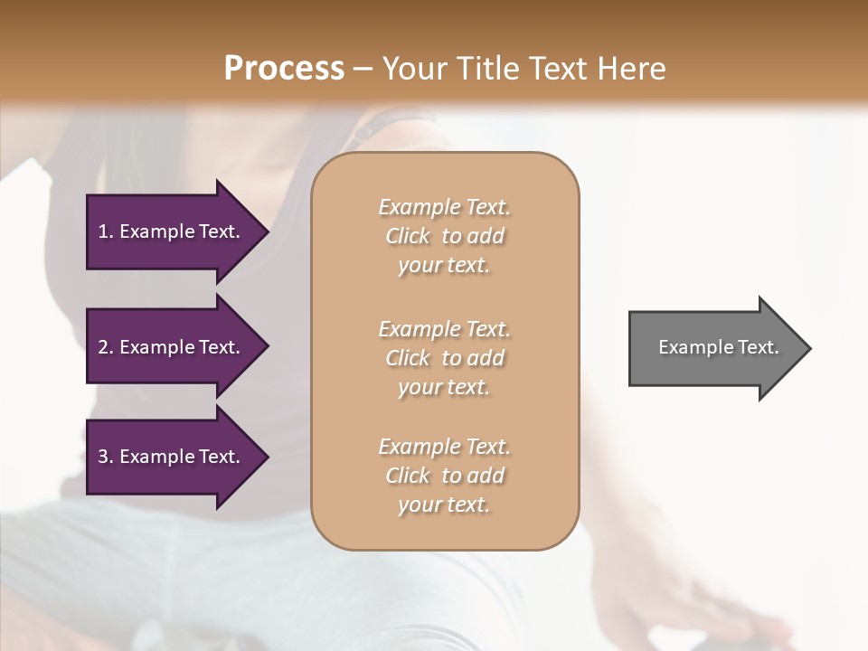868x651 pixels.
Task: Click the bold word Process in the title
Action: (284, 69)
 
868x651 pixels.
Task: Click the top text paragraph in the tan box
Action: (444, 236)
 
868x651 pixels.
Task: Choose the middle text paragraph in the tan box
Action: (444, 358)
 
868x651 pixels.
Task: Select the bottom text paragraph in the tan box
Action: (444, 476)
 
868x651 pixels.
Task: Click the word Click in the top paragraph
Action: (408, 236)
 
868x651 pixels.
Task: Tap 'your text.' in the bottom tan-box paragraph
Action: (444, 505)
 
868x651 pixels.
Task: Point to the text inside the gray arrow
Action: (718, 347)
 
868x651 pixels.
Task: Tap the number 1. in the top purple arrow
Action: (105, 231)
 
